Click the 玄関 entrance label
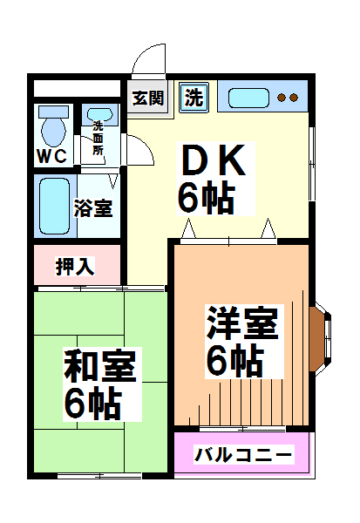pyautogui.click(x=148, y=98)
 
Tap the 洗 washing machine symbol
pyautogui.click(x=194, y=98)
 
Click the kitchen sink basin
pyautogui.click(x=248, y=98)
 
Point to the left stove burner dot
pyautogui.click(x=282, y=98)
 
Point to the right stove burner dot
pyautogui.click(x=294, y=98)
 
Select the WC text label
pyautogui.click(x=51, y=156)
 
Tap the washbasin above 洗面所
pyautogui.click(x=99, y=114)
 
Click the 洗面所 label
pyautogui.click(x=98, y=138)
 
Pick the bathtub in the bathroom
pyautogui.click(x=54, y=206)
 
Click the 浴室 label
pyautogui.click(x=93, y=208)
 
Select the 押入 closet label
pyautogui.click(x=75, y=266)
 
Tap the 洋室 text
pyautogui.click(x=242, y=323)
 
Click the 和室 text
pyautogui.click(x=100, y=365)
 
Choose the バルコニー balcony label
pyautogui.click(x=244, y=455)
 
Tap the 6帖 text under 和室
pyautogui.click(x=92, y=404)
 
